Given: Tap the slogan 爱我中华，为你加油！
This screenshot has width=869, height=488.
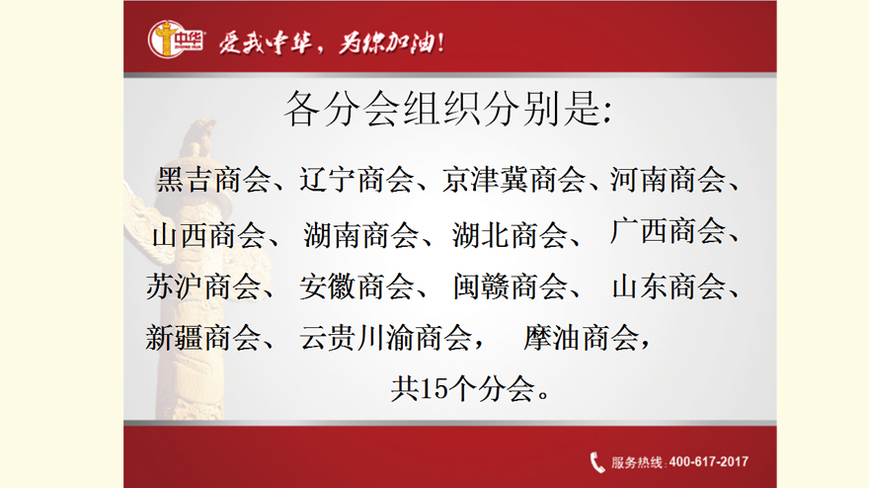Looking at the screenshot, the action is [x=331, y=42].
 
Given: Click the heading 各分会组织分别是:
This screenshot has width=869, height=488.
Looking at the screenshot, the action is [x=447, y=108].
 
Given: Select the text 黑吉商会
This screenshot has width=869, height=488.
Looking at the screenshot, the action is [x=213, y=180].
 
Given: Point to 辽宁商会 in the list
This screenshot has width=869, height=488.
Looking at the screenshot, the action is [x=356, y=180].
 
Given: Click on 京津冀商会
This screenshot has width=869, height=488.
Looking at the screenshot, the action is [x=513, y=180].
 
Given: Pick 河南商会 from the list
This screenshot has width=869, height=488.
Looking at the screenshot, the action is [x=668, y=180].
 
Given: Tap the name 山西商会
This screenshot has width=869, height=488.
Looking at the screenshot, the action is [x=209, y=235].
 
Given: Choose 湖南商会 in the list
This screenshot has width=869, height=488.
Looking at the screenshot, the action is [x=360, y=235].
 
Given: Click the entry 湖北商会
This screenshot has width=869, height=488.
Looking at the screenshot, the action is [x=510, y=235].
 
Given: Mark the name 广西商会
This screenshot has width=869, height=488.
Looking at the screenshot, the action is [x=668, y=231].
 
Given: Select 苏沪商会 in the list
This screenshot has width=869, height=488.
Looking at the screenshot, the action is [x=203, y=286].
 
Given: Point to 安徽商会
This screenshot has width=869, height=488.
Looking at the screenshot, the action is [x=356, y=286].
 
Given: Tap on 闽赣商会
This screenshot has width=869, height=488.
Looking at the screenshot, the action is [x=510, y=286].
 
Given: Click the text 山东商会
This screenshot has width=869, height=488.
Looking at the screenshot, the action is [x=669, y=286].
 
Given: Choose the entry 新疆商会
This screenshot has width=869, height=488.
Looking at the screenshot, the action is [x=202, y=338].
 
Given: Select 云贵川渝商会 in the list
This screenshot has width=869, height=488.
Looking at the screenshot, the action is [x=386, y=338].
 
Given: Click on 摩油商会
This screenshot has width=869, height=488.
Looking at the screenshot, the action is [x=581, y=338].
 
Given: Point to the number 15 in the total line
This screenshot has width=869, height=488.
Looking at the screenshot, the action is [x=434, y=389].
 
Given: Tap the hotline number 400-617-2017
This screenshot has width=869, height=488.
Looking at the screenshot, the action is [x=708, y=462].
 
